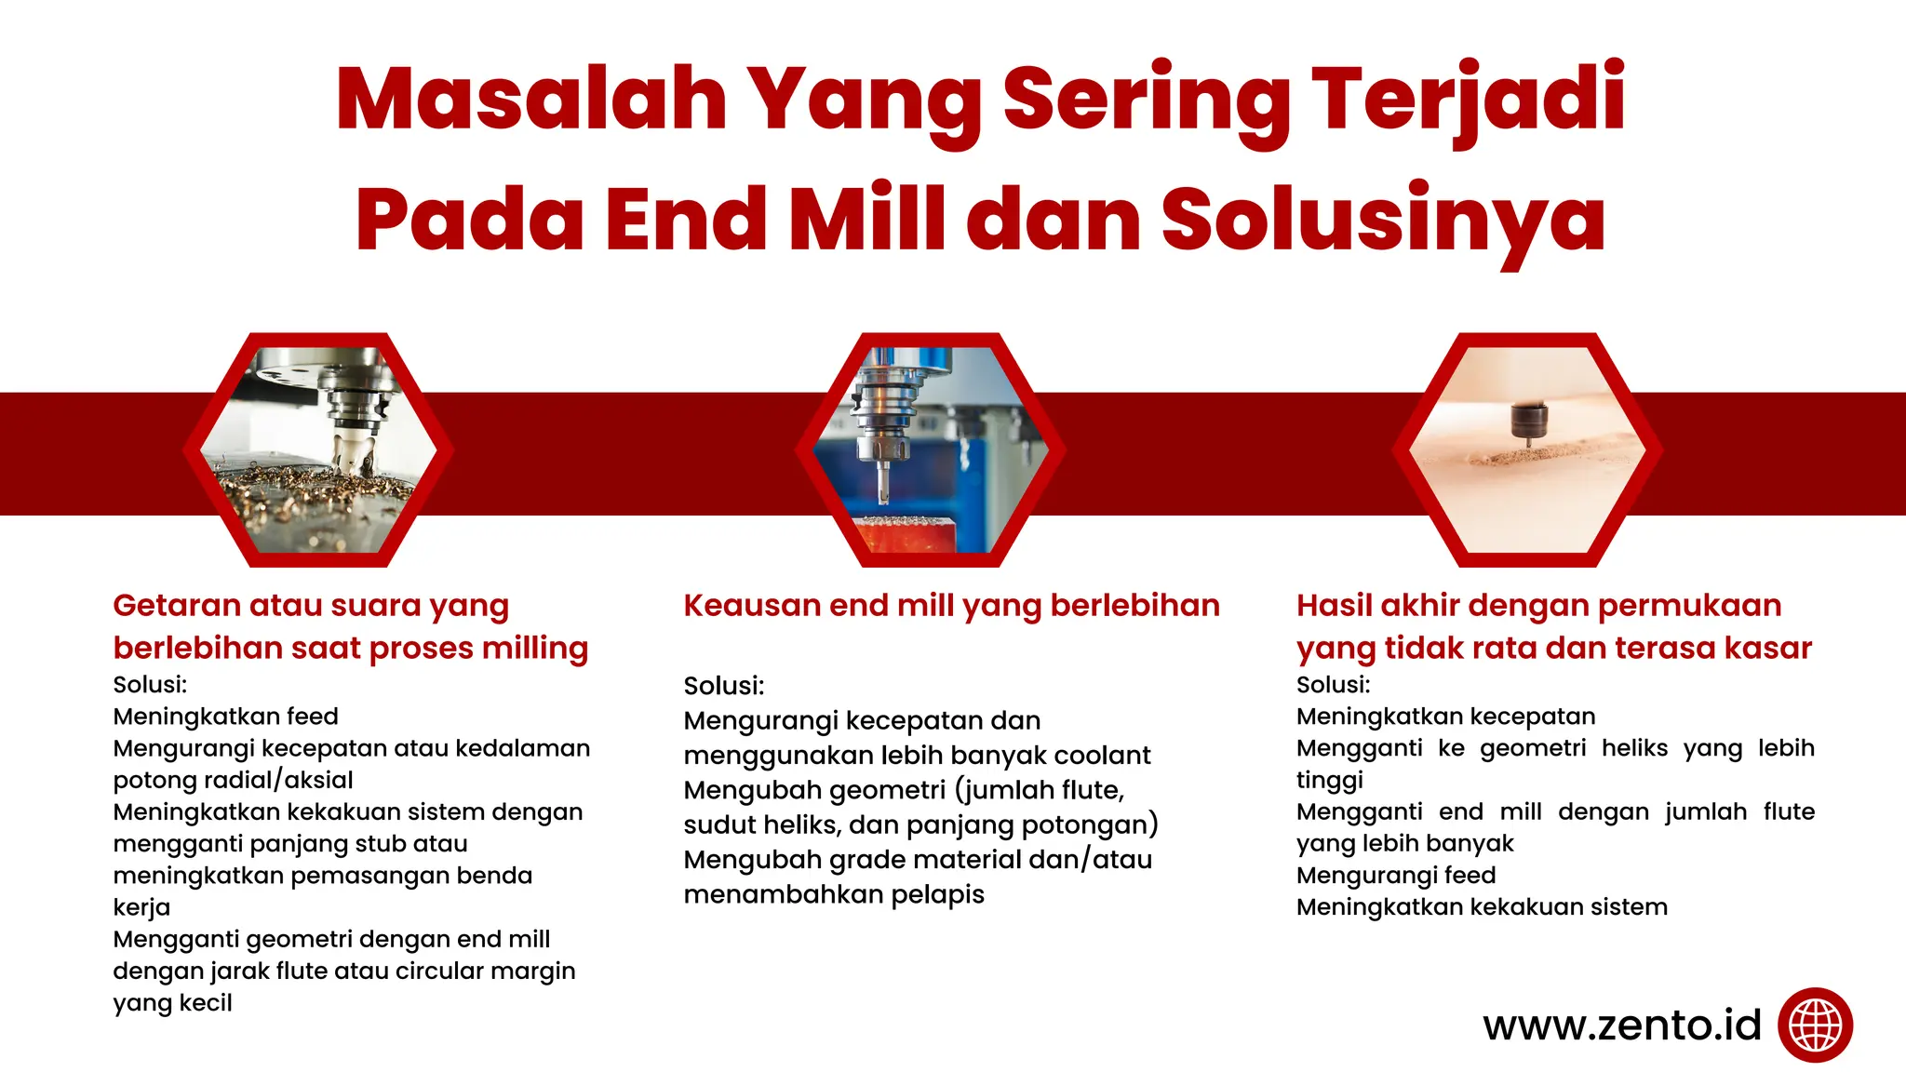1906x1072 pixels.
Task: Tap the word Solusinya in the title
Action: click(x=1383, y=220)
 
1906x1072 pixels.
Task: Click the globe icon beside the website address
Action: click(x=1815, y=1025)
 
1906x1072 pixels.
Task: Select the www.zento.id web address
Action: click(x=1622, y=1025)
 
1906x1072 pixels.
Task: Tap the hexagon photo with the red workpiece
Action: click(x=930, y=450)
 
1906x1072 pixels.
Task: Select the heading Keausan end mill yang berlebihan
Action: click(x=951, y=606)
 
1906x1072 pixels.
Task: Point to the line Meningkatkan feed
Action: click(x=225, y=717)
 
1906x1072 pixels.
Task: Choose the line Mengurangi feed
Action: click(x=1396, y=876)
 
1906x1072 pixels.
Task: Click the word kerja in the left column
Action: click(x=141, y=907)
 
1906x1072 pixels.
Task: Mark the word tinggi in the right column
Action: click(x=1329, y=780)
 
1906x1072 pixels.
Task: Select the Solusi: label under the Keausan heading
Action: click(x=723, y=686)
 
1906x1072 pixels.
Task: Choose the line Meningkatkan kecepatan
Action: click(x=1445, y=717)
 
